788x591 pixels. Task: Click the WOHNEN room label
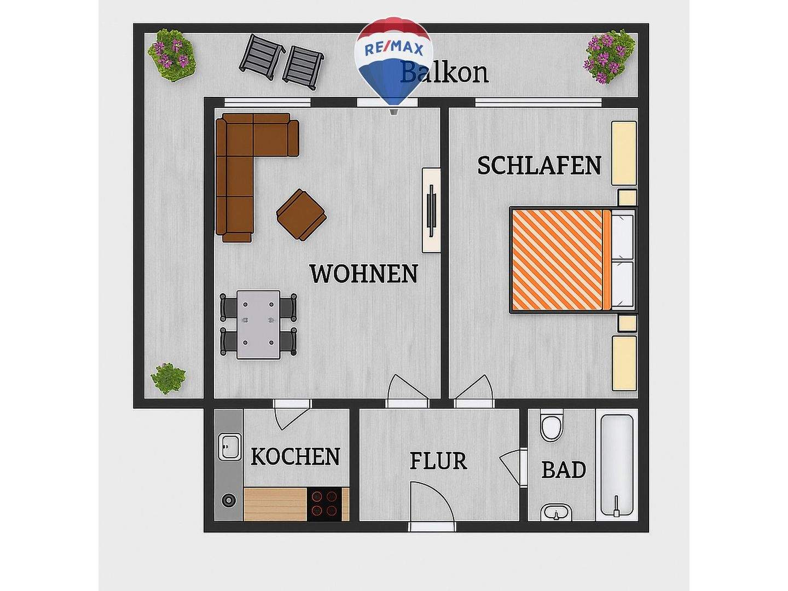click(363, 274)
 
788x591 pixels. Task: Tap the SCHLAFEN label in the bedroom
click(539, 165)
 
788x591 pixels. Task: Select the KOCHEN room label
click(296, 456)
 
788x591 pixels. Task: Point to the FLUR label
click(438, 461)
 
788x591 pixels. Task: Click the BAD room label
click(564, 470)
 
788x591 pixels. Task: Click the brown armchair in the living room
click(301, 215)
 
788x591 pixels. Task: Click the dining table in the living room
click(258, 324)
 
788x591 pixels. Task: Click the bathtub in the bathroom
click(617, 465)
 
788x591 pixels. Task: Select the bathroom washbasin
click(556, 513)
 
